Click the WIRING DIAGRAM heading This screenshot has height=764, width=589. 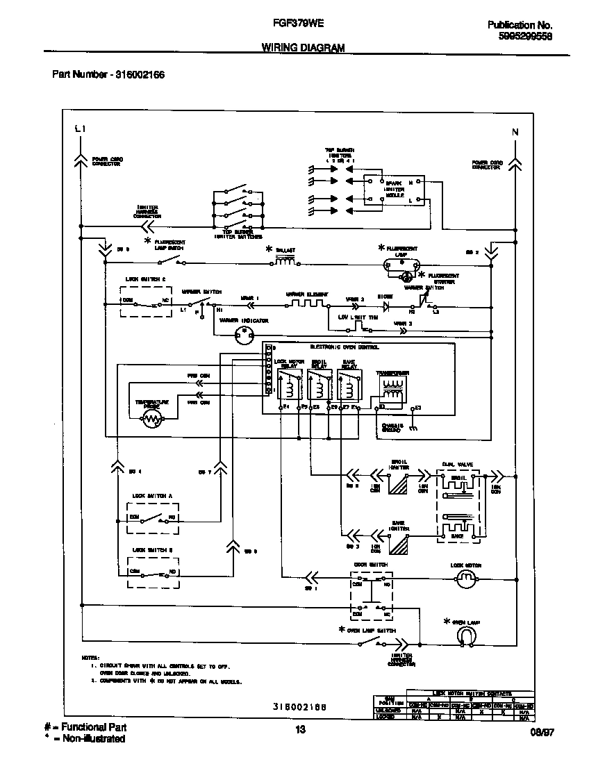(303, 47)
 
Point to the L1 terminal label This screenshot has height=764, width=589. (80, 130)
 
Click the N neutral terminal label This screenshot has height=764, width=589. (515, 132)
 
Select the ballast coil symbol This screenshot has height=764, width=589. (285, 260)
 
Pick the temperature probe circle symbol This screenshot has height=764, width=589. (151, 418)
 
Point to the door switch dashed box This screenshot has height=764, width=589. (370, 596)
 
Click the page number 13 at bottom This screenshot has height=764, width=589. (300, 729)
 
